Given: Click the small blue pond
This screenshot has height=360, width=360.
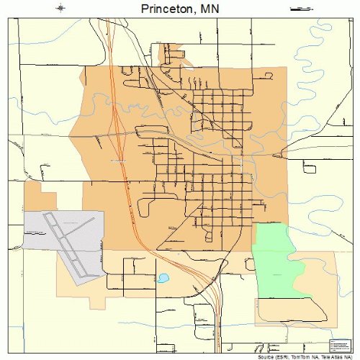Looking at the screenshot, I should pos(163,277).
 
